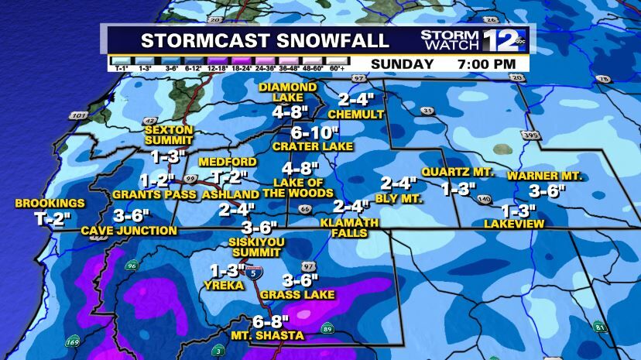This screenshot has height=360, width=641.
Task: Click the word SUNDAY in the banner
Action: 402,63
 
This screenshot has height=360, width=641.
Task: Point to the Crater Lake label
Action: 312,146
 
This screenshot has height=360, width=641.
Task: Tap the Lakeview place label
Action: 514,224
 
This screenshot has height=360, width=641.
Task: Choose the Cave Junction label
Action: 129,230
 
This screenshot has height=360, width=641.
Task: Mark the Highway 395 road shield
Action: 530,136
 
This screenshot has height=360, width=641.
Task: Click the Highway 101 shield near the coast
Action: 77,116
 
